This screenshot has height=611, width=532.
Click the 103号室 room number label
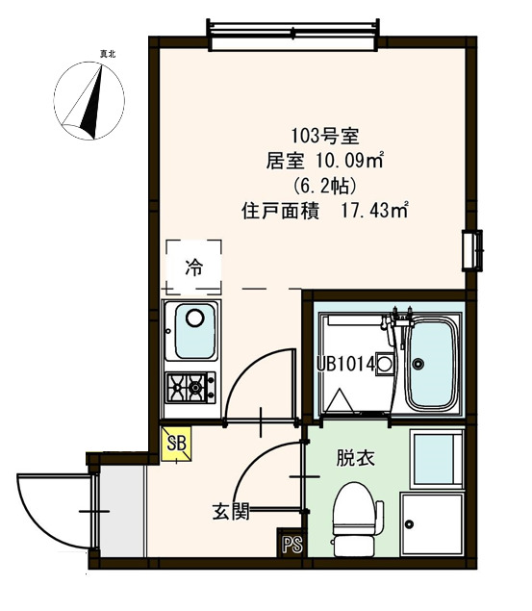[324, 137]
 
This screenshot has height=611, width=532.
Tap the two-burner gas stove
[192, 387]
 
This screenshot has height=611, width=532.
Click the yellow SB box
[176, 444]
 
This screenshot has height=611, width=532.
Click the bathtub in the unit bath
[430, 364]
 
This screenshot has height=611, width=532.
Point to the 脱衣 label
[349, 458]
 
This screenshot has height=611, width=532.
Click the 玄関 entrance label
[231, 511]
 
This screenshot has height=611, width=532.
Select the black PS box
[291, 544]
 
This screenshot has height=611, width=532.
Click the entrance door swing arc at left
[43, 506]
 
